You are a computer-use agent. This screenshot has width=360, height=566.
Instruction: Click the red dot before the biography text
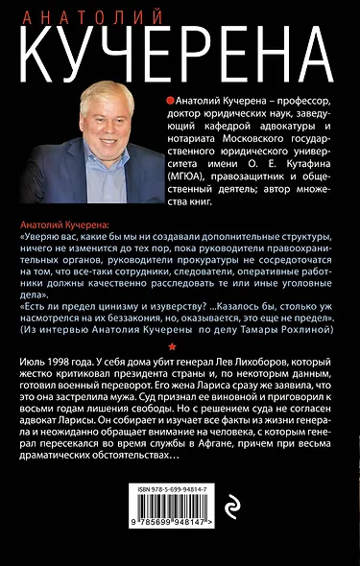click(170, 99)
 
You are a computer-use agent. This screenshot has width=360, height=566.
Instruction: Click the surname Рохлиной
click(307, 328)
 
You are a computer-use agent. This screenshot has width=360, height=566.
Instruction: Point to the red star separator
click(172, 345)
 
